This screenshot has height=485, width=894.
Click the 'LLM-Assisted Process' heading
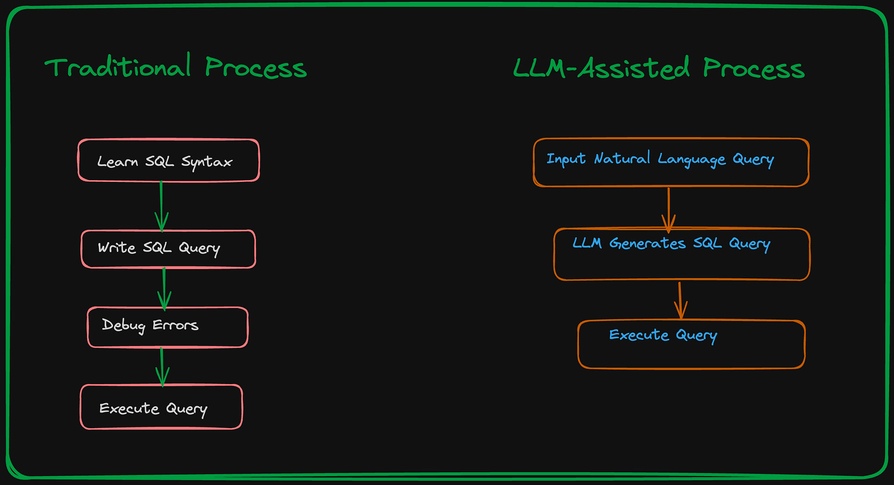(x=658, y=69)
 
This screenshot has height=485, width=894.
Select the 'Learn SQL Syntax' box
(x=169, y=160)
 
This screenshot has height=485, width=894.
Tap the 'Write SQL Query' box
(x=168, y=249)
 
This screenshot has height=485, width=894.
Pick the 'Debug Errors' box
(x=168, y=327)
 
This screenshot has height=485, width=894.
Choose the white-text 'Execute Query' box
(x=161, y=407)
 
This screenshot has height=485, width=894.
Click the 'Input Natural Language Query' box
(x=671, y=162)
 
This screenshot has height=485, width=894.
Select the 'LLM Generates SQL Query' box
(x=682, y=254)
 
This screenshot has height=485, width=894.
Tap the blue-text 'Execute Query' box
(x=691, y=344)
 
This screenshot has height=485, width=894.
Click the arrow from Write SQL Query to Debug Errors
(x=164, y=288)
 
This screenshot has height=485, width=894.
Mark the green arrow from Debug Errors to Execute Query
(x=162, y=366)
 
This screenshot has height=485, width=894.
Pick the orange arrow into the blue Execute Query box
(x=680, y=300)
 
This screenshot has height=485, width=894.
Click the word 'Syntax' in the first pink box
(x=207, y=162)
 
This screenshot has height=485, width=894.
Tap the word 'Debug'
(x=123, y=325)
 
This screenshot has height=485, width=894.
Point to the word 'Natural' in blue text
(x=622, y=158)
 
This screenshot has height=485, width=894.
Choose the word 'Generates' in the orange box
(x=647, y=243)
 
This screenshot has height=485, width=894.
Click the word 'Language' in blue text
(x=692, y=159)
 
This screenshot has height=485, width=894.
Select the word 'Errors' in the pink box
(x=175, y=325)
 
